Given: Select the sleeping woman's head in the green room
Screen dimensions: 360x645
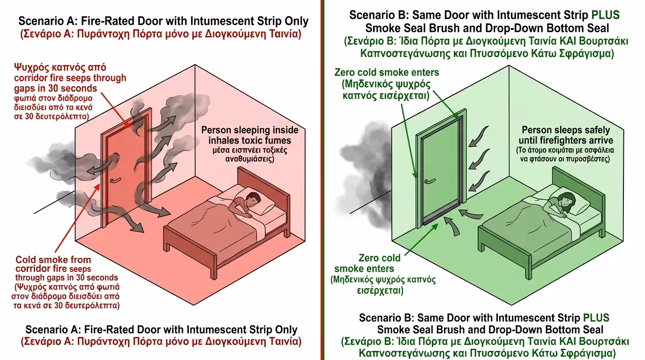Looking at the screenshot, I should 567,202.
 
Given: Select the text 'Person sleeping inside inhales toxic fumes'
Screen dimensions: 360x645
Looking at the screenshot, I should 246,135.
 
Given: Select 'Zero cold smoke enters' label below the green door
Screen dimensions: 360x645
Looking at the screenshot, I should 370,263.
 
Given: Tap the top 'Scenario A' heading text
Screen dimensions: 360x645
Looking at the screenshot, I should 163,21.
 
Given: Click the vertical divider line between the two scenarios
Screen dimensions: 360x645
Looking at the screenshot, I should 322,180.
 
